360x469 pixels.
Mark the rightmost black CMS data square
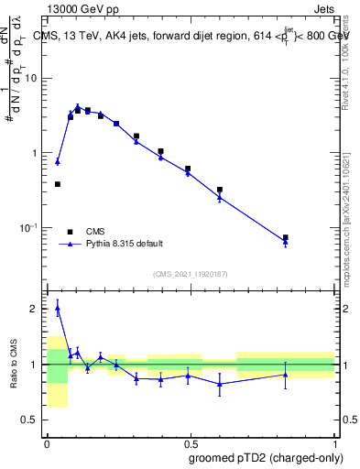[286, 237]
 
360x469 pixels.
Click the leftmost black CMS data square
[58, 184]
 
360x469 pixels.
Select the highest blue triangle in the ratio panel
[58, 309]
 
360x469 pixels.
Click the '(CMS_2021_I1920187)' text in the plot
[189, 274]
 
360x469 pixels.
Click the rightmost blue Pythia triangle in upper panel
[286, 242]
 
